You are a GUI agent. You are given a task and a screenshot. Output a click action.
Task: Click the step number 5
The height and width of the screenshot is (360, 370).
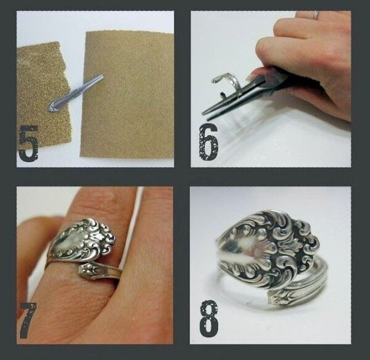(28, 143)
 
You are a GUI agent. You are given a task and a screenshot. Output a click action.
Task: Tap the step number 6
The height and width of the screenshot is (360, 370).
(209, 142)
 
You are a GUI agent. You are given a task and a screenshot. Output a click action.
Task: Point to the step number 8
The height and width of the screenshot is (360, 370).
(208, 319)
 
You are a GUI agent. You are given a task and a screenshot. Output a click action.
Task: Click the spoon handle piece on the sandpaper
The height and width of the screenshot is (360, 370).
(75, 93)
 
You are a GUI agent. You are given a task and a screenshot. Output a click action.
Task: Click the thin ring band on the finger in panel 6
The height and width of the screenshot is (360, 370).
(316, 15)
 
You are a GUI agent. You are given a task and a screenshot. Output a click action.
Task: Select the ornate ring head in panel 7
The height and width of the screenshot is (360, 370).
(83, 238)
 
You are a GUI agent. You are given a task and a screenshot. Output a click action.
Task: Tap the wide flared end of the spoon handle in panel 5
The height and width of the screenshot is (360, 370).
(52, 106)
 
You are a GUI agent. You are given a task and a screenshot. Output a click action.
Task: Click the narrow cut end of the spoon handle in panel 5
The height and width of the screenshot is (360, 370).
(101, 77)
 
